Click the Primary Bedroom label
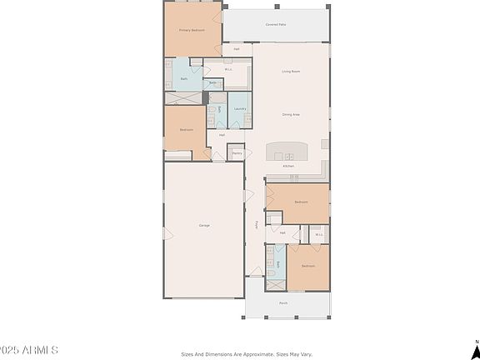pyautogui.click(x=192, y=30)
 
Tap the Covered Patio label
pyautogui.click(x=276, y=25)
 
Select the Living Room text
pyautogui.click(x=291, y=72)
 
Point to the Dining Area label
pyautogui.click(x=291, y=114)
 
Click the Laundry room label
pyautogui.click(x=239, y=108)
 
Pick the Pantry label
pyautogui.click(x=237, y=153)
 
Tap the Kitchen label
pyautogui.click(x=288, y=167)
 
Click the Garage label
pyautogui.click(x=203, y=226)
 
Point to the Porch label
pyautogui.click(x=283, y=303)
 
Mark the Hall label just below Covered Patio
pyautogui.click(x=237, y=49)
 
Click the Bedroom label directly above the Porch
pyautogui.click(x=307, y=266)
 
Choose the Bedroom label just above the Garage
pyautogui.click(x=187, y=129)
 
